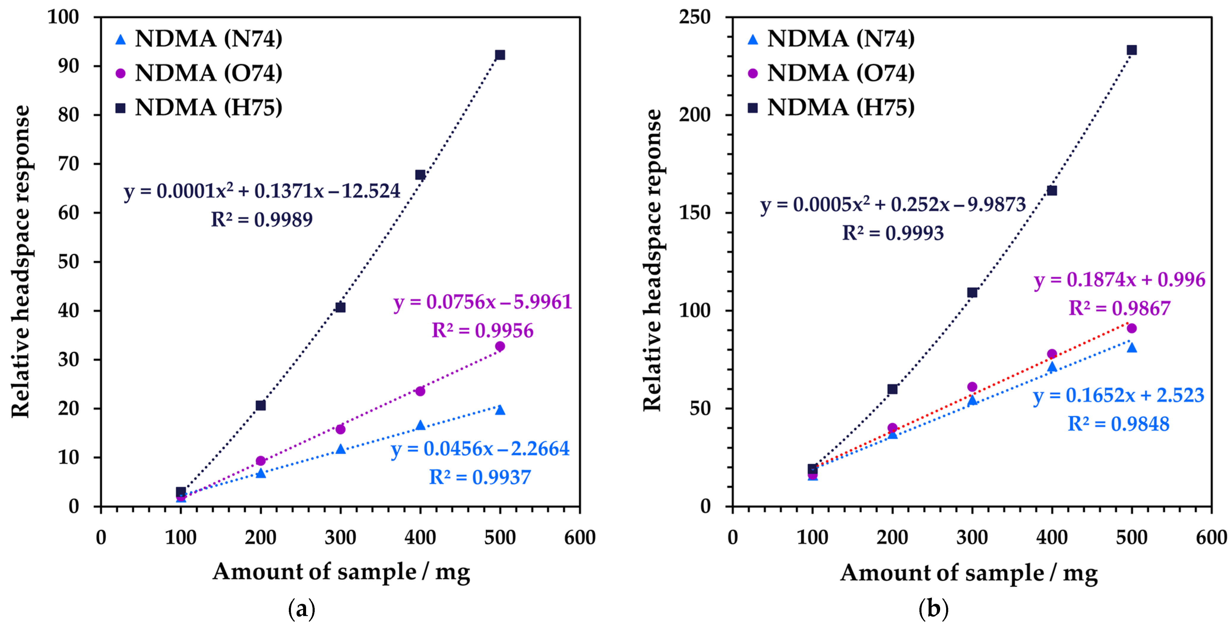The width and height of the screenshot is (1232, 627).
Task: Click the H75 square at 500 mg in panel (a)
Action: coord(500,55)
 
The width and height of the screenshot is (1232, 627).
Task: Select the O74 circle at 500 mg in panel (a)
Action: coord(500,346)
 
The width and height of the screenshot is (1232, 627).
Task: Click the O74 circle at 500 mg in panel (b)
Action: coord(1132,328)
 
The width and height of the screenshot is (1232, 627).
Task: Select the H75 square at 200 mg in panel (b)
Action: coord(892,389)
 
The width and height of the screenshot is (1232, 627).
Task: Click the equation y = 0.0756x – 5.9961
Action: coord(483,302)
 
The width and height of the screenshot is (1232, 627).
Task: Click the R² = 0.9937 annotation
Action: coord(480,477)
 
